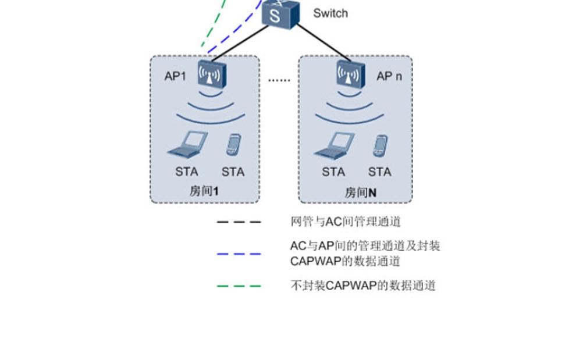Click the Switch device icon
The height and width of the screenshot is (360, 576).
coord(280,13)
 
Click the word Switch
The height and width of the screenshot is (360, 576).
coord(330,13)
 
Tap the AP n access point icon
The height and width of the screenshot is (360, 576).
coord(350,74)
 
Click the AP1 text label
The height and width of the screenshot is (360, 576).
coord(175,75)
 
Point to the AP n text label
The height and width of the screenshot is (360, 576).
coord(389,76)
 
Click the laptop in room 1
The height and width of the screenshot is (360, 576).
coord(187,144)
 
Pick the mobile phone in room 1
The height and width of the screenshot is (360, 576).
coord(233,144)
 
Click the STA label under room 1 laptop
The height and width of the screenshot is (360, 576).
coord(187,172)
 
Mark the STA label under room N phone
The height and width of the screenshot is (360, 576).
coord(379,172)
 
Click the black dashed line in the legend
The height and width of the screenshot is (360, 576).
coord(239,222)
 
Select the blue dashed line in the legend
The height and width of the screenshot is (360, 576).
coord(239,254)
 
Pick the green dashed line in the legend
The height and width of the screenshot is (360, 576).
coord(239,286)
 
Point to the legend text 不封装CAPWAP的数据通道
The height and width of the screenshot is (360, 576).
coord(362,286)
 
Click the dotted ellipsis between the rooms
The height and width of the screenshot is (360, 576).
coord(279,80)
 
